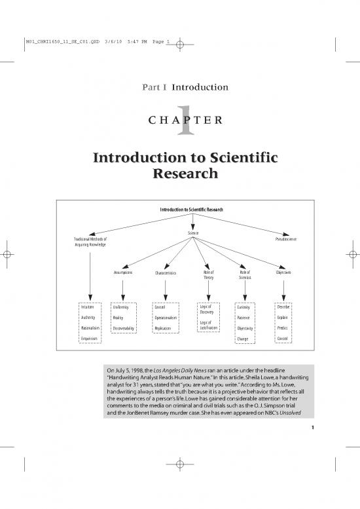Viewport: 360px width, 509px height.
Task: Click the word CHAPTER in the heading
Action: point(185,120)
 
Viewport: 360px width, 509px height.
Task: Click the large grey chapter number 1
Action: point(186,120)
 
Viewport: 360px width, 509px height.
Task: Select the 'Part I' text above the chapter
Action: point(154,87)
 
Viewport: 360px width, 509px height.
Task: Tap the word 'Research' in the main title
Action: point(185,174)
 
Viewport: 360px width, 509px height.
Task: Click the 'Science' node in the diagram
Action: point(193,233)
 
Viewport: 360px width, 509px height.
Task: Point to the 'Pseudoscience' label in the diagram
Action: point(286,239)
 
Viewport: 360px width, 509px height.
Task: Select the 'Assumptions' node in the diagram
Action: point(123,273)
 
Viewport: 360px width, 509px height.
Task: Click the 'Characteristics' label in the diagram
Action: point(166,273)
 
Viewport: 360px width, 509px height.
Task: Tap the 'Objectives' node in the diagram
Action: point(283,273)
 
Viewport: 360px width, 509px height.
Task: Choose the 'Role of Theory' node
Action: point(209,275)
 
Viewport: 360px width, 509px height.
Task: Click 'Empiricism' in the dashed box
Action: point(89,339)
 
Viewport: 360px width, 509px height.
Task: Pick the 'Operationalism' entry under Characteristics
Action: point(166,318)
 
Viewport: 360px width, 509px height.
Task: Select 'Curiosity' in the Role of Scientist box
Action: point(243,307)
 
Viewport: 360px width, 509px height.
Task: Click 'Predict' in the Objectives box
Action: point(283,328)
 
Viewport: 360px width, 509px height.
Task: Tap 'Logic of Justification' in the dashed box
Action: point(209,326)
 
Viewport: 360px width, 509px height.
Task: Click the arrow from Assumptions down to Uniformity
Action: point(123,290)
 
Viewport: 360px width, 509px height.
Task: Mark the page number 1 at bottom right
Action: point(313,428)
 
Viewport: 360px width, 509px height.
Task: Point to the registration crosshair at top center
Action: point(180,45)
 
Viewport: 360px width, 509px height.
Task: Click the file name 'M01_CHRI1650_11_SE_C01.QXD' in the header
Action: point(63,41)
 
